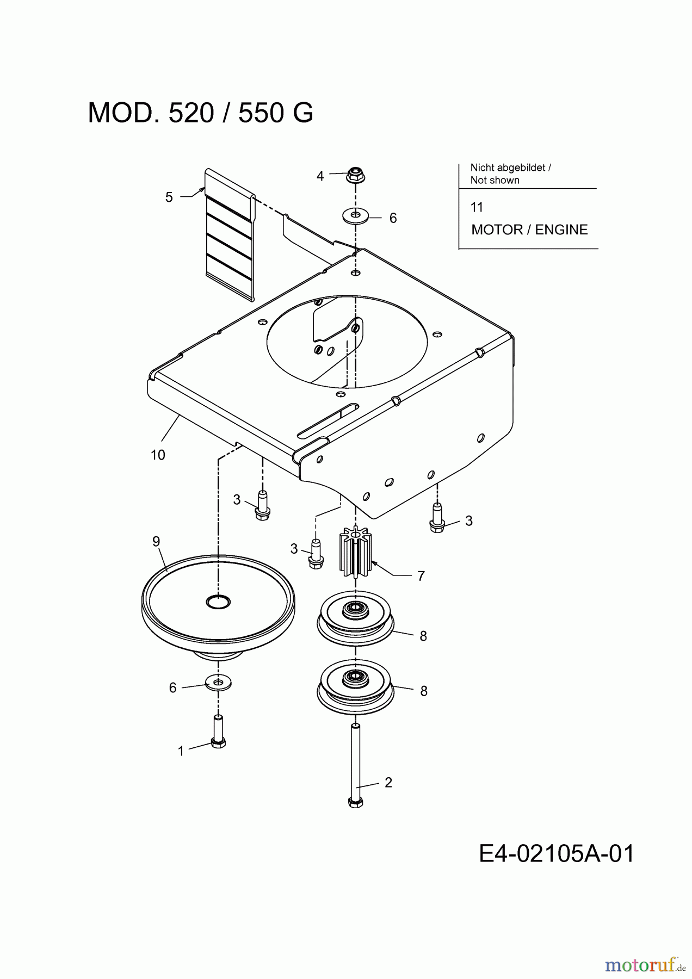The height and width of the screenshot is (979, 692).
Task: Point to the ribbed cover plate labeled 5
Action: pyautogui.click(x=229, y=234)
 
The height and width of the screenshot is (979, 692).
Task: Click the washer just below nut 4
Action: pyautogui.click(x=355, y=216)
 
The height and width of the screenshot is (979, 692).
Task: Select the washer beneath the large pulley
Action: pyautogui.click(x=218, y=682)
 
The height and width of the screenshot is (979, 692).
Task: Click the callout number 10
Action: pyautogui.click(x=158, y=455)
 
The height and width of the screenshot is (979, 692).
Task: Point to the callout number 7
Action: pyautogui.click(x=421, y=576)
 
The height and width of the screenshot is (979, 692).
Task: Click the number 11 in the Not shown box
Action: pyautogui.click(x=477, y=207)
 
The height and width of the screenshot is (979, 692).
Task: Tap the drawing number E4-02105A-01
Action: pyautogui.click(x=557, y=854)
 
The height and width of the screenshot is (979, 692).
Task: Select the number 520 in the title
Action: pyautogui.click(x=191, y=113)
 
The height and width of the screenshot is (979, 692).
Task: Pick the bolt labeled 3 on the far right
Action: pyautogui.click(x=437, y=518)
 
